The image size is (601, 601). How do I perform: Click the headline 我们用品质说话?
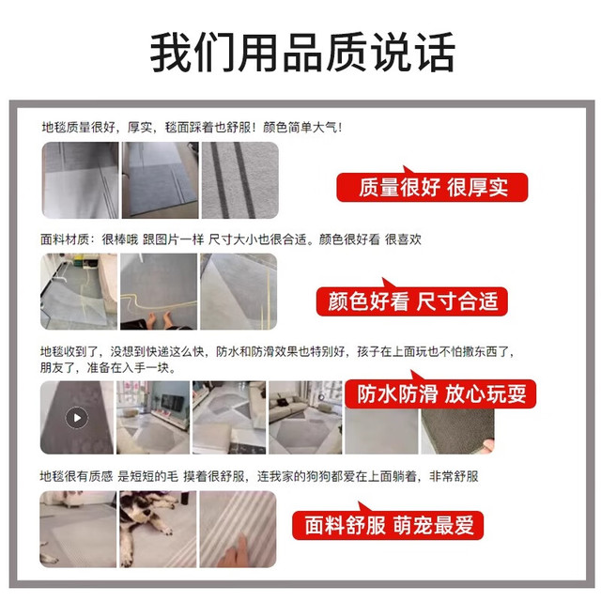point(302,53)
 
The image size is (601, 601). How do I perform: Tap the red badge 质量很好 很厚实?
point(432,187)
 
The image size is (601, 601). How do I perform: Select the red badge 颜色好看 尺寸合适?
point(411,300)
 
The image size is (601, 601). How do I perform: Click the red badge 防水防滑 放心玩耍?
point(440,393)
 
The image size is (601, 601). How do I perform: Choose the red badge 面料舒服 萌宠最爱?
point(388,525)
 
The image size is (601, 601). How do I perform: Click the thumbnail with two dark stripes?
point(240,180)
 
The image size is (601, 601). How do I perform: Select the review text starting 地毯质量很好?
point(192,128)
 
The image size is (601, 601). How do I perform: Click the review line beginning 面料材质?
point(231,239)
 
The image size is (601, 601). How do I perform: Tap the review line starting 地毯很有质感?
point(259,476)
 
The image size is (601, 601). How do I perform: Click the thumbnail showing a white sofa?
point(305,418)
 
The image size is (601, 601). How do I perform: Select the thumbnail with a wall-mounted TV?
point(153,418)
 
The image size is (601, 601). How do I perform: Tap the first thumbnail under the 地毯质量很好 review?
point(80,180)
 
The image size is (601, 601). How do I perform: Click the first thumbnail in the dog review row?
point(78,530)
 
